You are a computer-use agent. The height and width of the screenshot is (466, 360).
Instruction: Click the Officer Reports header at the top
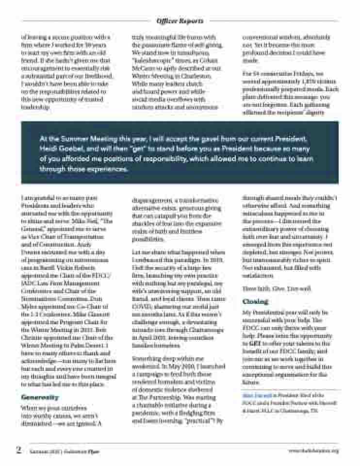tap(180, 21)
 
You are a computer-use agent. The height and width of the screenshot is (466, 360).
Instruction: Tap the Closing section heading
tap(255, 301)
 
